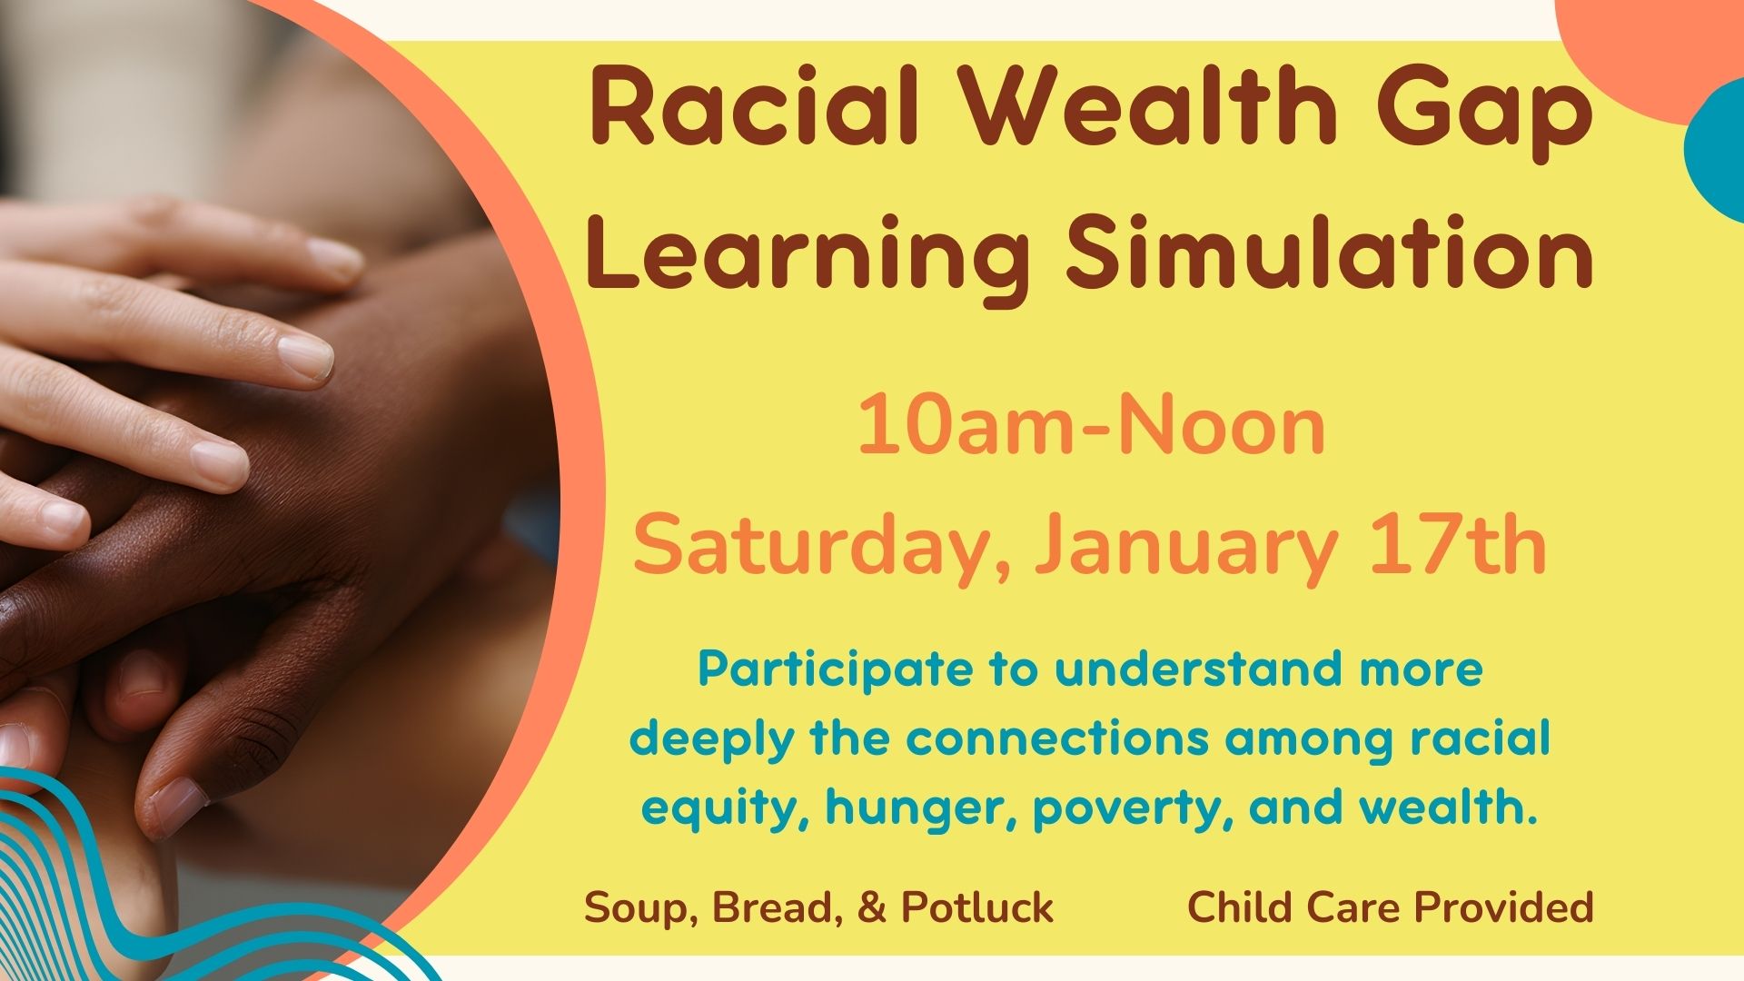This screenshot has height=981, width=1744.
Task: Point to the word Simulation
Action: (1330, 249)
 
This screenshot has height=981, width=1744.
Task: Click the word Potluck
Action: (977, 907)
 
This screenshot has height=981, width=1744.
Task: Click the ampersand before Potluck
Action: (871, 907)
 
